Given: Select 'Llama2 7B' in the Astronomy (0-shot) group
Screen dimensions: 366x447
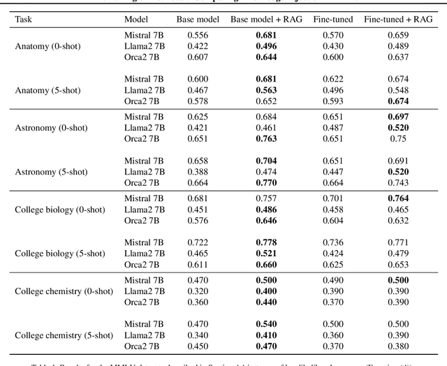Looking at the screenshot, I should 144,127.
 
